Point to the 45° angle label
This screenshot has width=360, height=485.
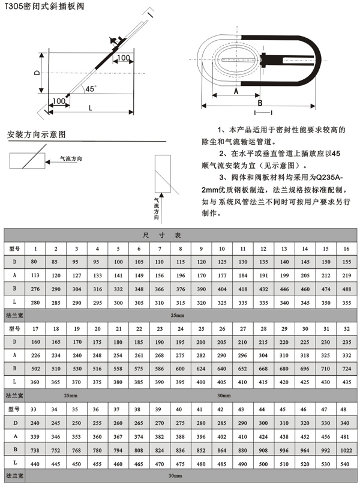pos(91,88)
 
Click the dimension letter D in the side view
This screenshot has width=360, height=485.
pos(37,72)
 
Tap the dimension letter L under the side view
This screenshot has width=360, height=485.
pos(90,108)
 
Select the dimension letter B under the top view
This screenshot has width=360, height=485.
pos(260,101)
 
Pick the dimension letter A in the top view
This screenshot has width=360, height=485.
pos(236,92)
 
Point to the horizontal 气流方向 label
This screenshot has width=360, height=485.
pos(70,158)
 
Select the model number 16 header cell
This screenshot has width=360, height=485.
pos(346,248)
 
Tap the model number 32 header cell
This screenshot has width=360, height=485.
pos(346,328)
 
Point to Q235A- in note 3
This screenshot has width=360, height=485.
pos(328,178)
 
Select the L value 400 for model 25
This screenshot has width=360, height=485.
pos(200,381)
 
